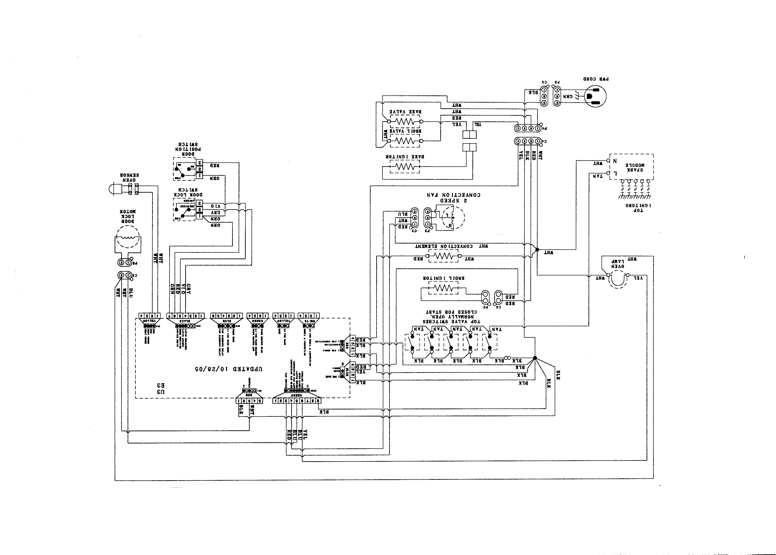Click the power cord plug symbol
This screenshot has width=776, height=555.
click(x=595, y=96)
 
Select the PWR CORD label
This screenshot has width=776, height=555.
click(x=596, y=79)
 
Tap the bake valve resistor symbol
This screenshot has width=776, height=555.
click(x=405, y=121)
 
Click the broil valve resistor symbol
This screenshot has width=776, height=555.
click(x=405, y=140)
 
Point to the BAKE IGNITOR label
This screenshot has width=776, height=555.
click(x=405, y=157)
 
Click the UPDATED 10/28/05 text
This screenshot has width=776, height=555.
click(x=229, y=369)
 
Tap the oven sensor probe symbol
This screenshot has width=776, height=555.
click(x=116, y=189)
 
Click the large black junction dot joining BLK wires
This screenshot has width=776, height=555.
click(x=535, y=358)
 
